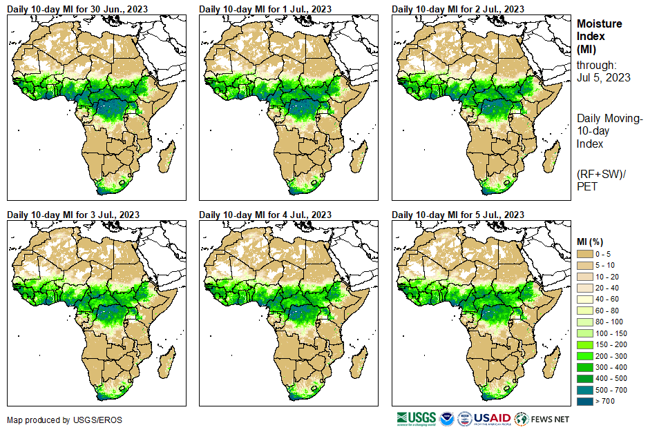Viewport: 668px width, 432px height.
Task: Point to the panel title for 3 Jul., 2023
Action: point(73,215)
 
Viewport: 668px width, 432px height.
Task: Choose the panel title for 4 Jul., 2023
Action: point(265,215)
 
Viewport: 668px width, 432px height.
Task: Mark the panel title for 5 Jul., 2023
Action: point(457,215)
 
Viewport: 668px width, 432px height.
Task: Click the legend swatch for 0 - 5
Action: point(586,255)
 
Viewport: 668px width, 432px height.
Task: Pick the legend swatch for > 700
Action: point(586,401)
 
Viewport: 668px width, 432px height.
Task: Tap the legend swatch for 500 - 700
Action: point(586,390)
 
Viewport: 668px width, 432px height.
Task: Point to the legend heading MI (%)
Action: point(590,241)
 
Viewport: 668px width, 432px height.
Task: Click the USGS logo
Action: point(415,419)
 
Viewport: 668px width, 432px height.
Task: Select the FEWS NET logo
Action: point(542,419)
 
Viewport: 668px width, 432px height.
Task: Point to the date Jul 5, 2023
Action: point(603,77)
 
